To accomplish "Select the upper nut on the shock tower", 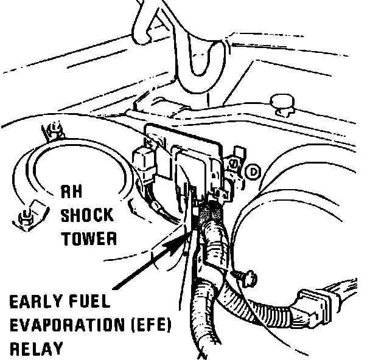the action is (53, 130).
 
